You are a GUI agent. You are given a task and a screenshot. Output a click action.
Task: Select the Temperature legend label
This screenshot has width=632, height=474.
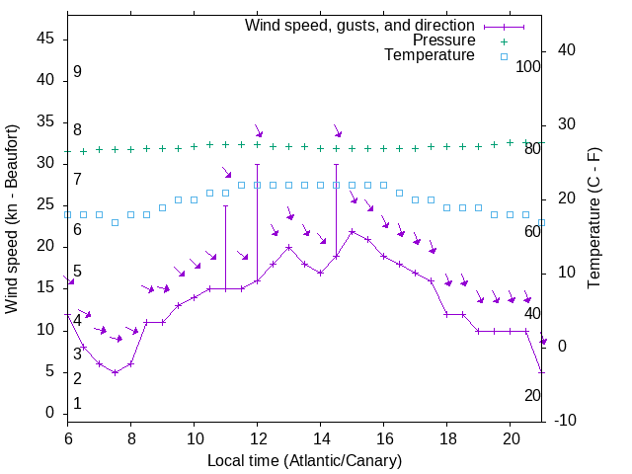pos(430,55)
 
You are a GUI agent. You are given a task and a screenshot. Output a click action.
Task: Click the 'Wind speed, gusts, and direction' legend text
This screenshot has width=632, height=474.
pos(359,25)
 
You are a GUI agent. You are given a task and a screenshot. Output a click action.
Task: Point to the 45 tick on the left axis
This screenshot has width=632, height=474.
pos(45,39)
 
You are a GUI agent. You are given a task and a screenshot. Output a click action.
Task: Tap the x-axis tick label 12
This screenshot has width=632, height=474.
pos(258,437)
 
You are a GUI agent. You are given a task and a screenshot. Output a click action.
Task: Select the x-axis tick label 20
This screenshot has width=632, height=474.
pos(511,437)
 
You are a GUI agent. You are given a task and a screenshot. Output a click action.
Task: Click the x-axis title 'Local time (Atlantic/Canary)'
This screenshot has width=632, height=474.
pos(304,460)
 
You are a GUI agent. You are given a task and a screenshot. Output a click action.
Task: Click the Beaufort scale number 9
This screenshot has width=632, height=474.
pos(77,72)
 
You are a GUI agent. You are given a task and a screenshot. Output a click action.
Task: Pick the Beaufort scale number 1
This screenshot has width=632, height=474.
pos(77,404)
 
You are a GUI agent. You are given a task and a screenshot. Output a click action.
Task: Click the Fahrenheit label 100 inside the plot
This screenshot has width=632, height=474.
pos(528,66)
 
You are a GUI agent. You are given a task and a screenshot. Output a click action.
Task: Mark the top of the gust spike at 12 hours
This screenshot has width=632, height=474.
pos(258,164)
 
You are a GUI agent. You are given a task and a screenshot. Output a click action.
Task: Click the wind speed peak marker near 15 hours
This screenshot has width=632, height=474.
pos(353,231)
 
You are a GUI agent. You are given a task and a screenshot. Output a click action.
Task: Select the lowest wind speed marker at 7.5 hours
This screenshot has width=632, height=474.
pos(116,372)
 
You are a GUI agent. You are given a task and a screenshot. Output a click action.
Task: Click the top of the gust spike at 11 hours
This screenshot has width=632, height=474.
pos(226,205)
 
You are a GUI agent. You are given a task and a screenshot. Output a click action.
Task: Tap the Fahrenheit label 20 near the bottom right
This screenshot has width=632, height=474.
pos(532,395)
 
